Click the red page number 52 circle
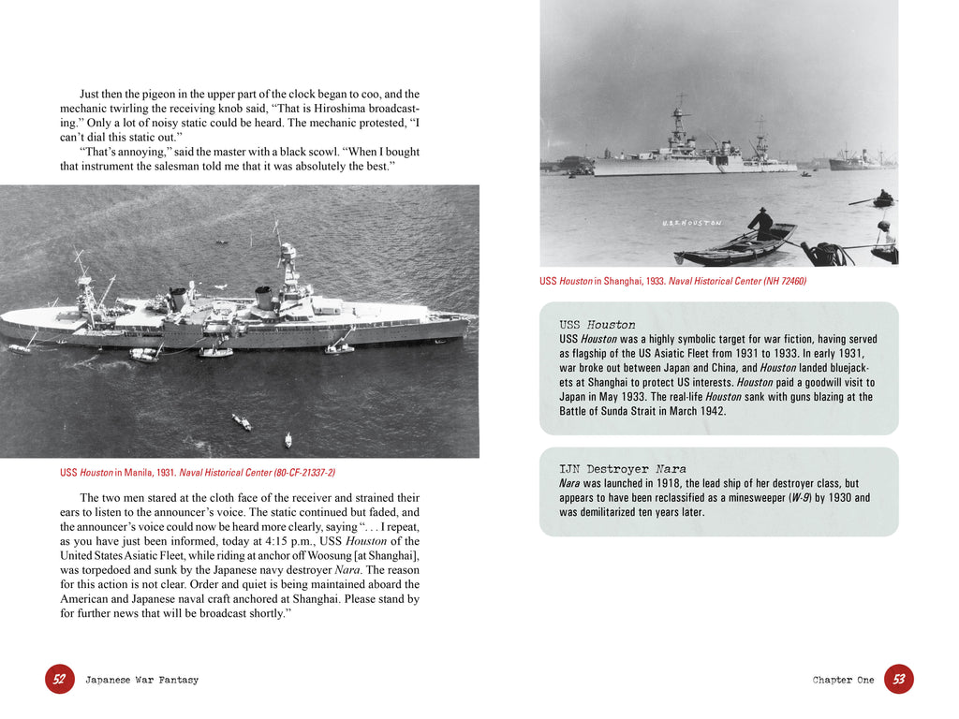(x=59, y=679)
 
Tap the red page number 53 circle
(x=899, y=679)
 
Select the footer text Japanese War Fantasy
(x=142, y=680)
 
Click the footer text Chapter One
(x=843, y=680)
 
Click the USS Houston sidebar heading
(x=598, y=324)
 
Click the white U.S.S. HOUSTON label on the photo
(x=691, y=223)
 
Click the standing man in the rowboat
(x=761, y=224)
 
